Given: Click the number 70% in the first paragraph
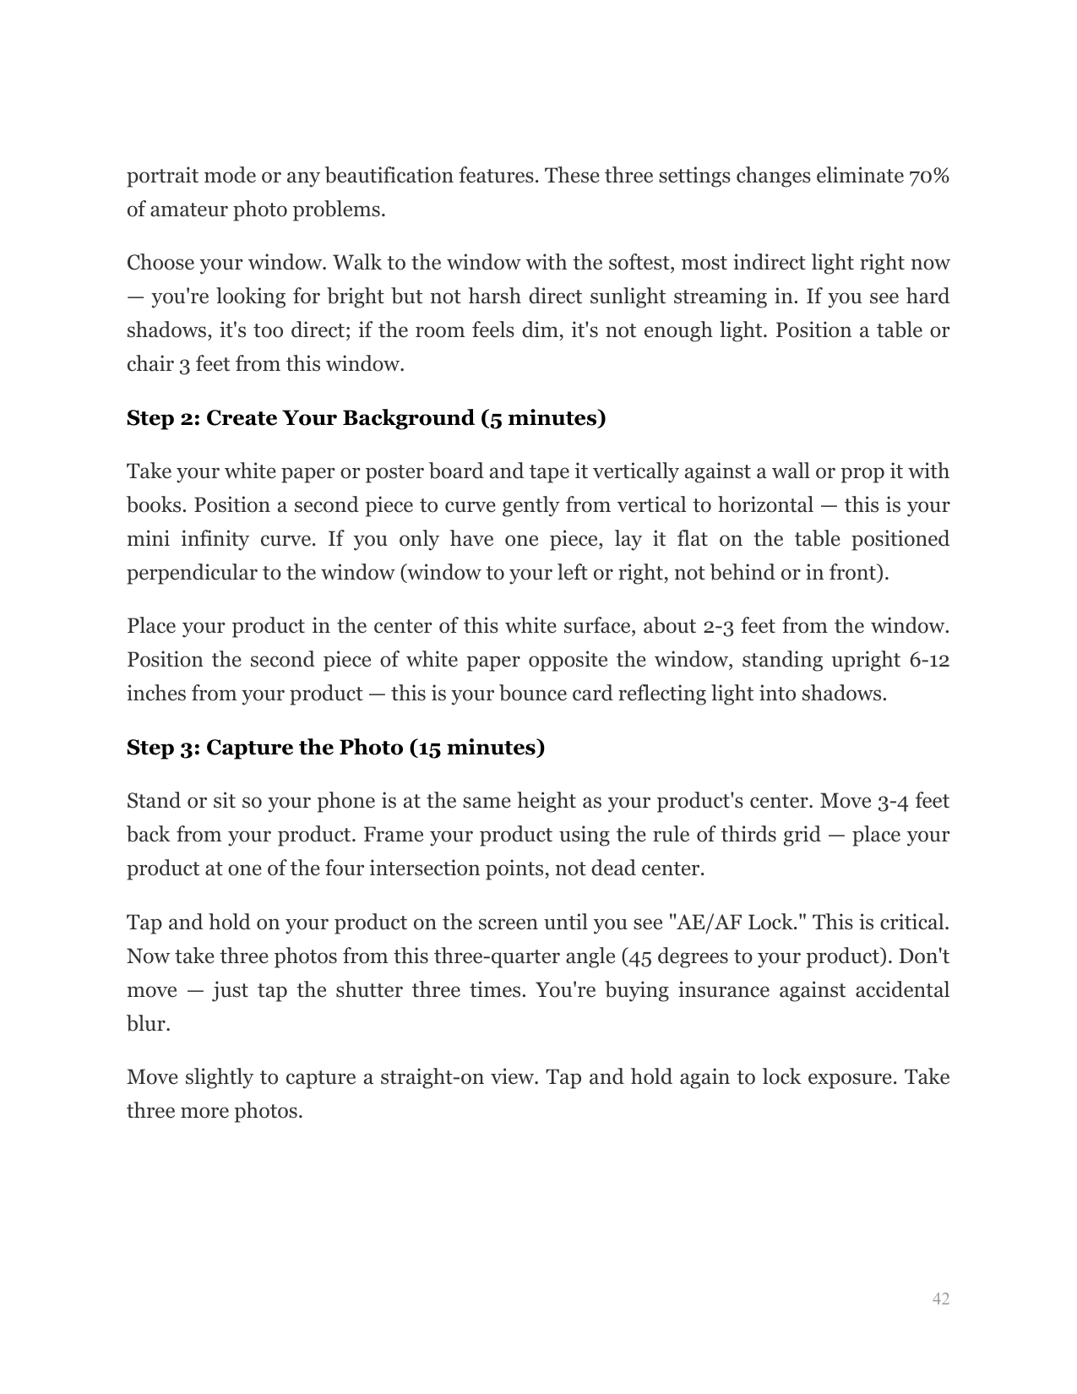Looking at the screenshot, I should click(928, 177).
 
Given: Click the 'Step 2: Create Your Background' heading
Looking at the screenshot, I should click(366, 419).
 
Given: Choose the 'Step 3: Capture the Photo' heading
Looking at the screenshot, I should click(335, 749).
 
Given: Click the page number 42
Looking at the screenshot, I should click(940, 1299).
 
